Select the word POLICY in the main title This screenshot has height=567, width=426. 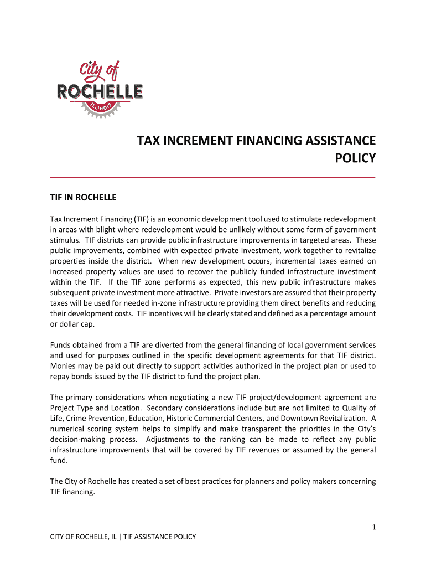point(356,158)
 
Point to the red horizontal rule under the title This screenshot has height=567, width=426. point(212,176)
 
